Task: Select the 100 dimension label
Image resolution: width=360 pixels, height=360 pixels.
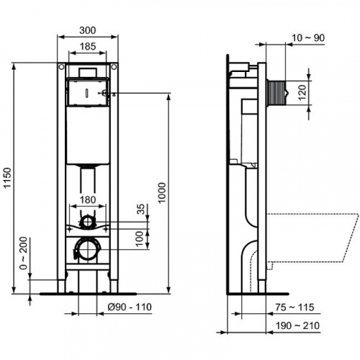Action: click(x=142, y=238)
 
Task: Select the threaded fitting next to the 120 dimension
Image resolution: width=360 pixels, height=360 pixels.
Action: click(x=276, y=91)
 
